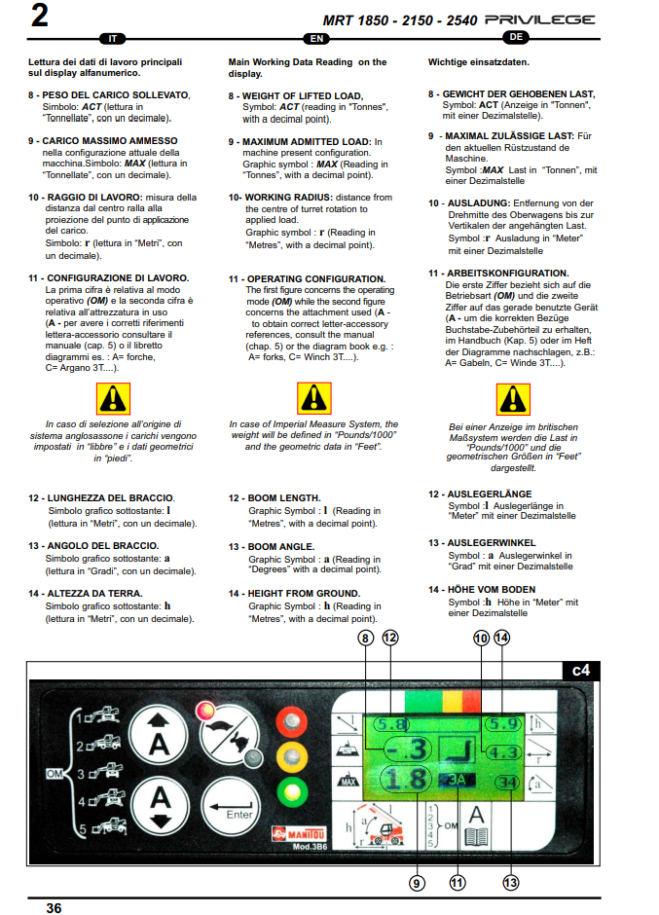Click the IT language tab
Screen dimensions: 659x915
(x=113, y=39)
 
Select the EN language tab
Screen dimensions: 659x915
(x=316, y=39)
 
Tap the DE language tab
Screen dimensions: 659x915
(x=516, y=37)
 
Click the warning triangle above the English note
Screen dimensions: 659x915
(x=314, y=398)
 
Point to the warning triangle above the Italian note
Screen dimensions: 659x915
(x=113, y=399)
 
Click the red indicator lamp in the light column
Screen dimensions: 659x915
(x=292, y=720)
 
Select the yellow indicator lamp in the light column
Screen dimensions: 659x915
(x=292, y=756)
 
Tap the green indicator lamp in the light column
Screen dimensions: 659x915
(x=292, y=792)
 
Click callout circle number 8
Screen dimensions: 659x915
(x=365, y=638)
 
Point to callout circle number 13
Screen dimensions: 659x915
(x=511, y=883)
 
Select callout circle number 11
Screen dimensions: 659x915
(x=458, y=883)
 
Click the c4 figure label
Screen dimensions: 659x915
(x=581, y=671)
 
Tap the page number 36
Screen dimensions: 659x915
(x=54, y=907)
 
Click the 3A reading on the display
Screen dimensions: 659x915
(x=457, y=781)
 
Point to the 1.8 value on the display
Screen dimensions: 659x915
(x=406, y=779)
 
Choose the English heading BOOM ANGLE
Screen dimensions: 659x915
(x=281, y=547)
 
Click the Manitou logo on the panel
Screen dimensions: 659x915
(x=300, y=834)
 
